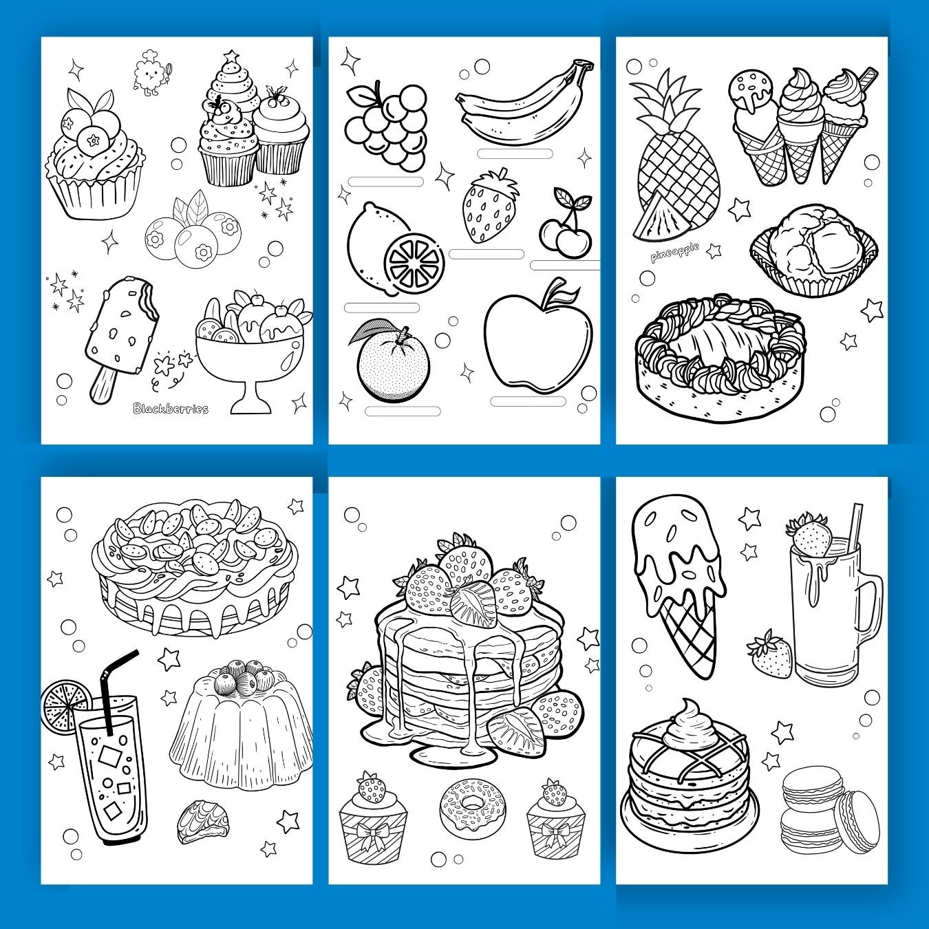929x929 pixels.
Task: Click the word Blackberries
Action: [171, 409]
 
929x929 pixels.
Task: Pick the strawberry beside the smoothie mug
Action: [769, 654]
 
